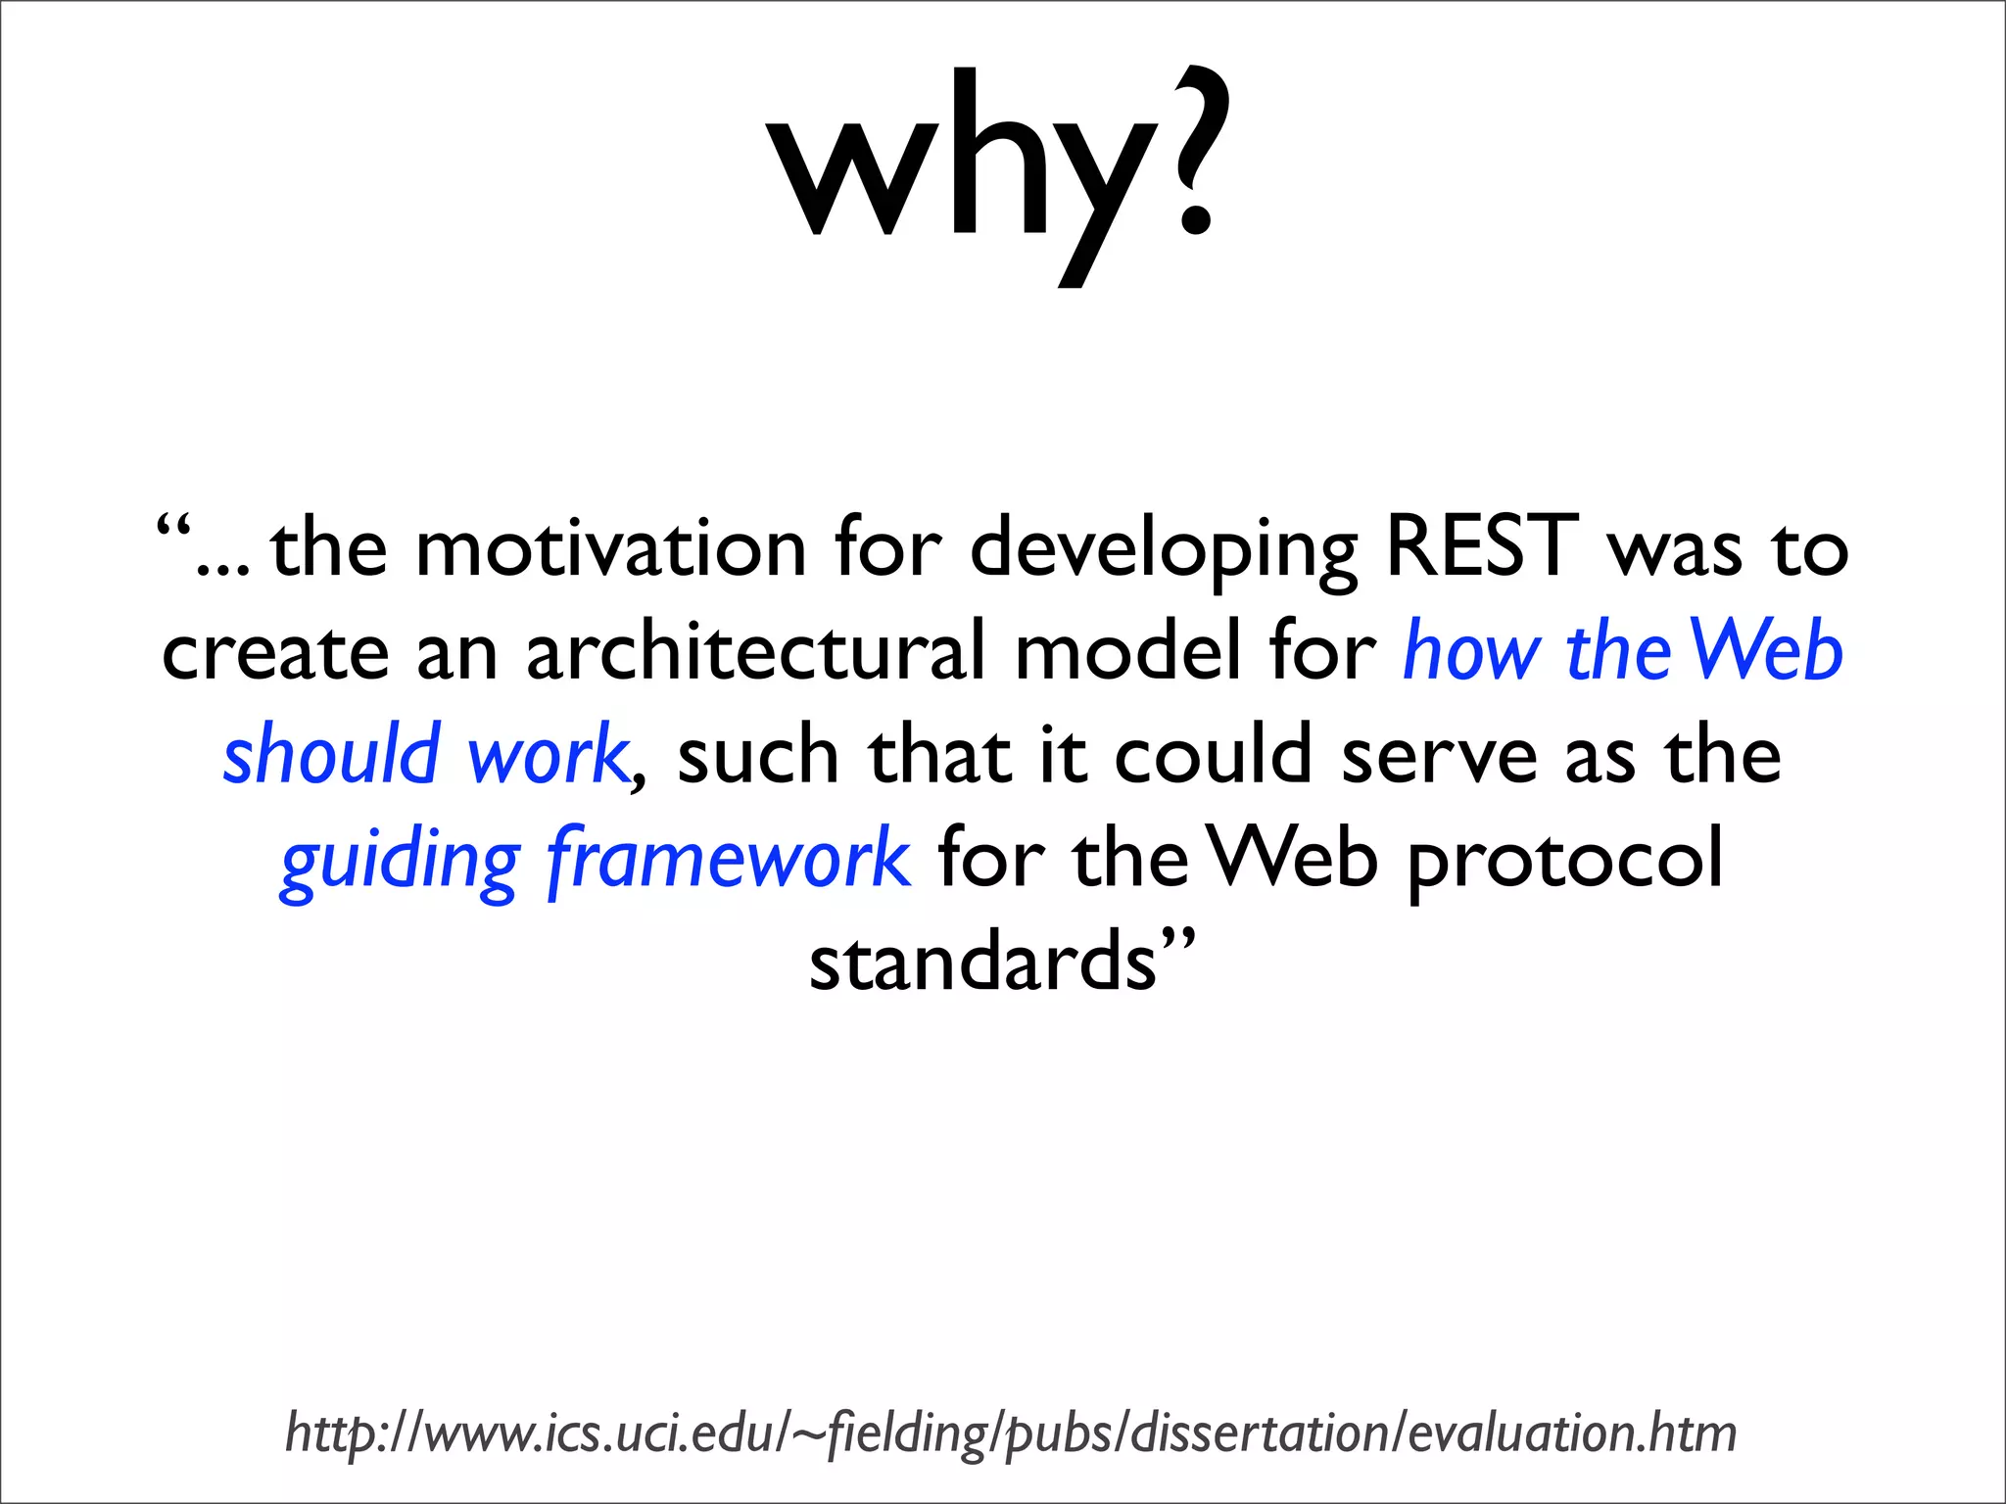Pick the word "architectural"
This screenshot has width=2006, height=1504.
pyautogui.click(x=755, y=650)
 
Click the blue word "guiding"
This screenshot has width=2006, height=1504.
pyautogui.click(x=399, y=862)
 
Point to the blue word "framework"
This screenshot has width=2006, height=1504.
pyautogui.click(x=729, y=858)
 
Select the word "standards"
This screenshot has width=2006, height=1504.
pyautogui.click(x=982, y=962)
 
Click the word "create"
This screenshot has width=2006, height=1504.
pyautogui.click(x=275, y=652)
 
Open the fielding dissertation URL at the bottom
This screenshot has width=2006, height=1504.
pyautogui.click(x=1010, y=1433)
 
